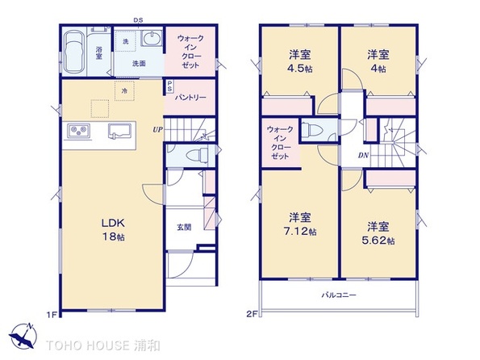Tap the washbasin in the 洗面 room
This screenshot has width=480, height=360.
[x=152, y=39]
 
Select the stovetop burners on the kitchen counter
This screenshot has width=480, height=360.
[x=79, y=131]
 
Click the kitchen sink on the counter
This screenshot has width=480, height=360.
[x=119, y=131]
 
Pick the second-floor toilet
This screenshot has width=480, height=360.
[x=312, y=130]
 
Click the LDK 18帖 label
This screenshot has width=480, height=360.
[x=113, y=229]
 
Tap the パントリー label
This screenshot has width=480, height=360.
[x=190, y=98]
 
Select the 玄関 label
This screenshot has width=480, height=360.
[x=184, y=227]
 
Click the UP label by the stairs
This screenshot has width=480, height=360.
[x=157, y=130]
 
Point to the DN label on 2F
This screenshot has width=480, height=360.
[x=363, y=155]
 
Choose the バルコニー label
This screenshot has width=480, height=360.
[x=339, y=295]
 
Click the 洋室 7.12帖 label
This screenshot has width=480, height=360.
[x=300, y=224]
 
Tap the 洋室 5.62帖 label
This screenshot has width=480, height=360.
[x=378, y=233]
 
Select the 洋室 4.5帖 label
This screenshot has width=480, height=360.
[x=300, y=61]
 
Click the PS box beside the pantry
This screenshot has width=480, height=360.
[x=169, y=86]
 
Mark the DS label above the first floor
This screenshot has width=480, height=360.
[x=138, y=20]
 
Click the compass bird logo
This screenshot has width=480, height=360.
[x=23, y=337]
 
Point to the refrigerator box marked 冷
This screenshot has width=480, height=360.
[x=124, y=91]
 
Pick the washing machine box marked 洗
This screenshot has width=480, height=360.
[x=126, y=41]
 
